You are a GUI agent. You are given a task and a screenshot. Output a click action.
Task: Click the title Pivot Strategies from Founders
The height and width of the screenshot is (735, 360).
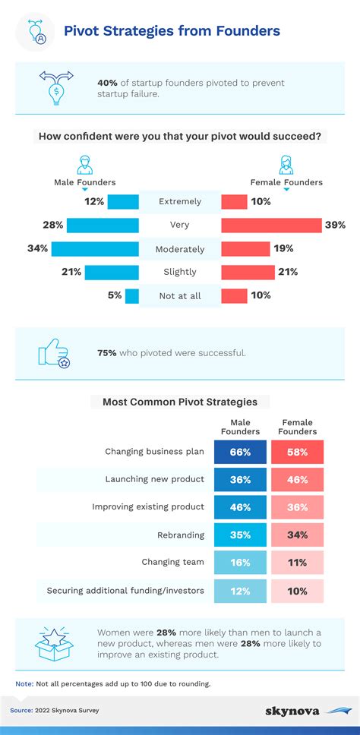172,31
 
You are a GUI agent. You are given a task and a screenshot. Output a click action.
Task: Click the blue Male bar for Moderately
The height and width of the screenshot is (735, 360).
95,248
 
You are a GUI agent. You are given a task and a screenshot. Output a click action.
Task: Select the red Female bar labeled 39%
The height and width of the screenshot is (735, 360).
271,225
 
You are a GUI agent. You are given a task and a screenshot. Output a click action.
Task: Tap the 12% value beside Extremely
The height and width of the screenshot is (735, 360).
94,201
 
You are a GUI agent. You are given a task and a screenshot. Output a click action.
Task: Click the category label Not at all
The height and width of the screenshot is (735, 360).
180,295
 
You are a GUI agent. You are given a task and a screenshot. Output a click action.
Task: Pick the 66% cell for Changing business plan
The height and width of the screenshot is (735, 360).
241,452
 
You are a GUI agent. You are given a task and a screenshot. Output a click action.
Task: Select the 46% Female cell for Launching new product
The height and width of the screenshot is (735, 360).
298,479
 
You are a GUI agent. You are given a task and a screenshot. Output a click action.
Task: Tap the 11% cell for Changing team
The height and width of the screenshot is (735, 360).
298,563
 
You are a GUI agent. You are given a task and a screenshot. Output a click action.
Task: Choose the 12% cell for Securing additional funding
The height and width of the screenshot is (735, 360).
241,590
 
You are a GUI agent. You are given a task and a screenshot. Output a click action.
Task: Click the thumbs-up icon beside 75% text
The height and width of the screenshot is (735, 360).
53,353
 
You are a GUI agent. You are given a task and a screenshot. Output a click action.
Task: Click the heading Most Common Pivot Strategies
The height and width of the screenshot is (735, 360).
180,402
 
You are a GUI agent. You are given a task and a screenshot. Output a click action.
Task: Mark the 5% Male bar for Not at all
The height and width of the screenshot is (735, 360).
132,295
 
